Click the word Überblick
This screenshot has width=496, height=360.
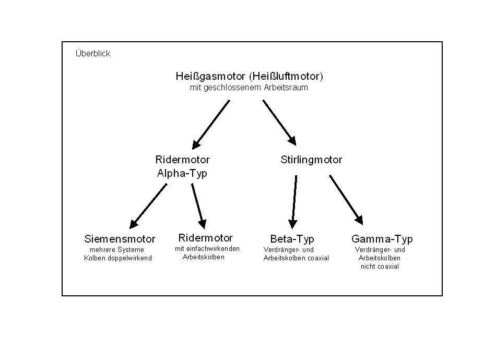(93, 54)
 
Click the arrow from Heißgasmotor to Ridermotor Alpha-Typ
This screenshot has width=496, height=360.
(211, 124)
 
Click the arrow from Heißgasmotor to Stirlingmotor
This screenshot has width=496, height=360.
(279, 123)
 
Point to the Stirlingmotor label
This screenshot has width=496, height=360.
(311, 160)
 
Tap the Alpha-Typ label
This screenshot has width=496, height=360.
(182, 174)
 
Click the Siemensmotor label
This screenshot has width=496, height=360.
(120, 239)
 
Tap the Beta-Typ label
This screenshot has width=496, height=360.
(292, 239)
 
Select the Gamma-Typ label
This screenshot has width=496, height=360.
(382, 239)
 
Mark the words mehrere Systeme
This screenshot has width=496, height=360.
(117, 250)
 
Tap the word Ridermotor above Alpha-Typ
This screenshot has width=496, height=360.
(182, 160)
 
